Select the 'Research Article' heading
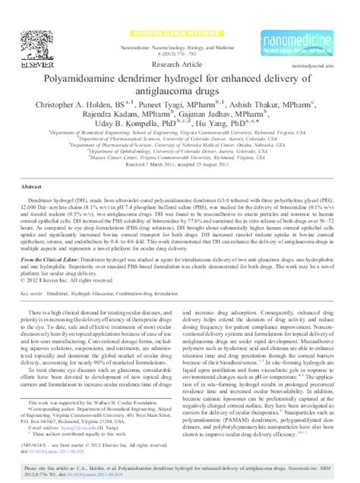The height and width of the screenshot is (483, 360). pyautogui.click(x=179, y=65)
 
